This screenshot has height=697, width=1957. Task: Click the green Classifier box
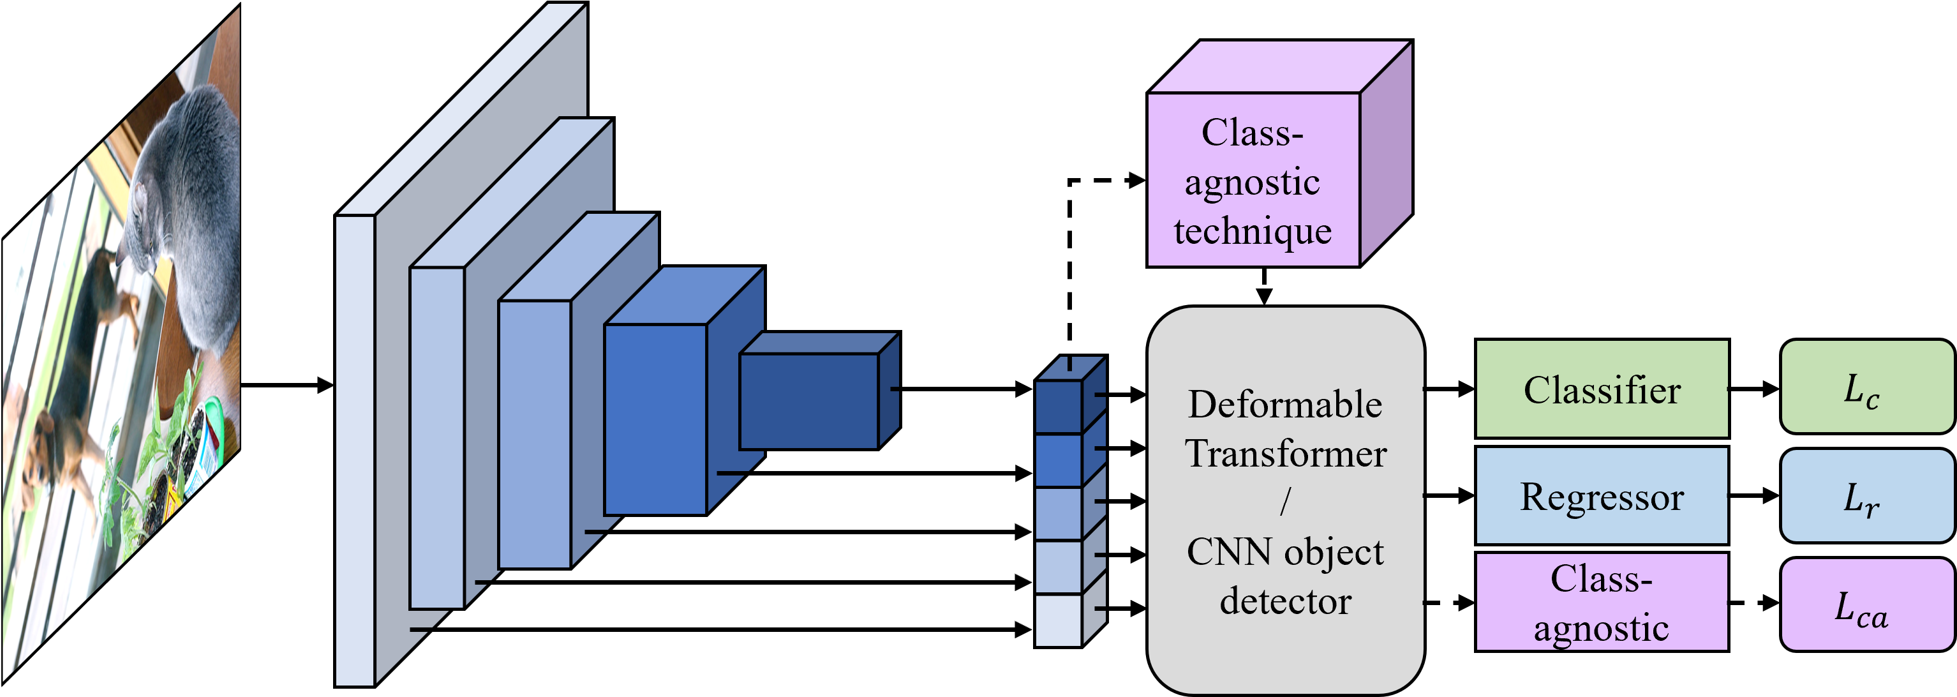[x=1602, y=389]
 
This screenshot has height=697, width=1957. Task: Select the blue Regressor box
[x=1602, y=495]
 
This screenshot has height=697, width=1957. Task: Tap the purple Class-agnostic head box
[x=1602, y=602]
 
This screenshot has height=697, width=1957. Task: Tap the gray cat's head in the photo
[x=152, y=220]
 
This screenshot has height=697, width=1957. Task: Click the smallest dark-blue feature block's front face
[x=808, y=401]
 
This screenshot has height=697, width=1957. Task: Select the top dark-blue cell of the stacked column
[x=1059, y=407]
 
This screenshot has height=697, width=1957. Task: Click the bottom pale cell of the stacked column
[x=1059, y=620]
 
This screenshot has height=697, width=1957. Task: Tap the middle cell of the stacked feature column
[x=1059, y=514]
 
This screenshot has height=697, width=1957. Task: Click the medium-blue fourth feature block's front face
[x=655, y=419]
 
